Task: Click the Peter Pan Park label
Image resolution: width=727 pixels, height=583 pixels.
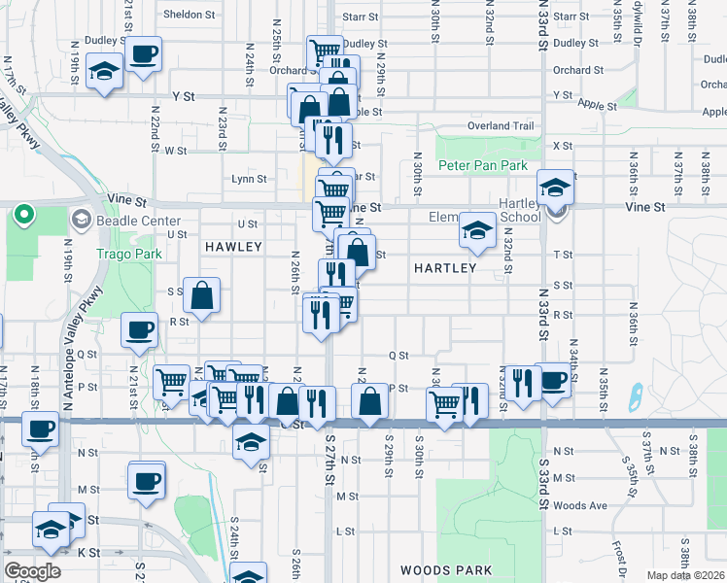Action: tap(483, 166)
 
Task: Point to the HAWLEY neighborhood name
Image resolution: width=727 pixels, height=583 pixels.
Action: tap(233, 248)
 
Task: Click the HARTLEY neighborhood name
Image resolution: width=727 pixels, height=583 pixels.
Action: tap(445, 268)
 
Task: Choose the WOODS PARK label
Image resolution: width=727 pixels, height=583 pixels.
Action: tap(446, 570)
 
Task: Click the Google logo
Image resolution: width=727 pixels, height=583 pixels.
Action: tap(32, 571)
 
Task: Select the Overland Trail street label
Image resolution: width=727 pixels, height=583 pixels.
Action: tap(501, 126)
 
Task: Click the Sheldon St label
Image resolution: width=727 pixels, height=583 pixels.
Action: tap(189, 15)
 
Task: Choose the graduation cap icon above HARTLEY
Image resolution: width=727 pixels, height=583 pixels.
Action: tap(476, 230)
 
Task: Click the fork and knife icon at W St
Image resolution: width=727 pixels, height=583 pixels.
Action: tap(332, 140)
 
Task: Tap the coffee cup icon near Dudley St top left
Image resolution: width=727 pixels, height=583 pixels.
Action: tap(143, 55)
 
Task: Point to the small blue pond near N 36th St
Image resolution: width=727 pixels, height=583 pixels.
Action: tap(636, 396)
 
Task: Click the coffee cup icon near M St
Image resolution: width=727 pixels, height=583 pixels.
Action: tap(146, 479)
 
